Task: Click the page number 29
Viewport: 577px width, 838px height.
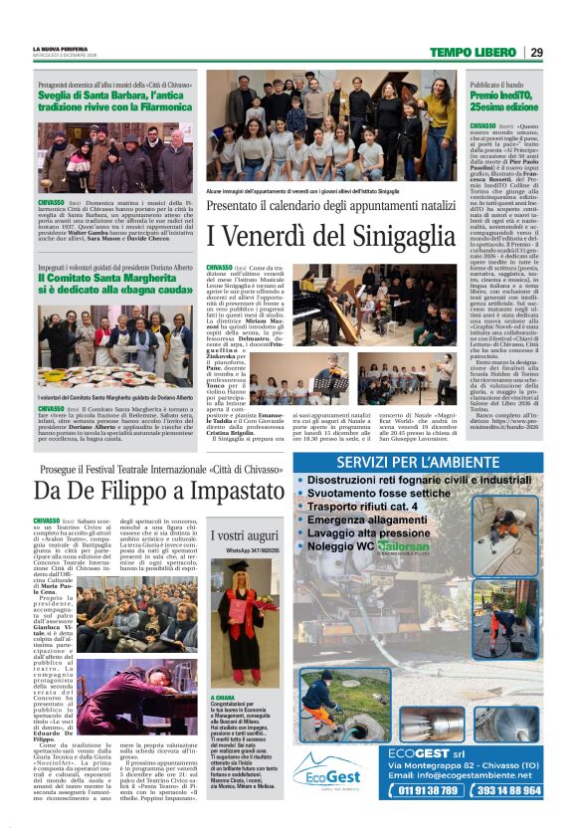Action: pos(535,53)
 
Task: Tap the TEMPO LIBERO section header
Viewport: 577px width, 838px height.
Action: pos(472,53)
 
